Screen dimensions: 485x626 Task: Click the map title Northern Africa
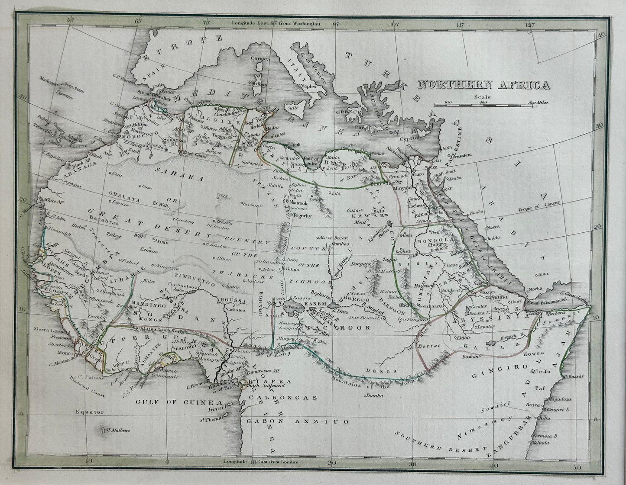coord(482,85)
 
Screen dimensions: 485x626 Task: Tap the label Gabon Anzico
coord(298,421)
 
